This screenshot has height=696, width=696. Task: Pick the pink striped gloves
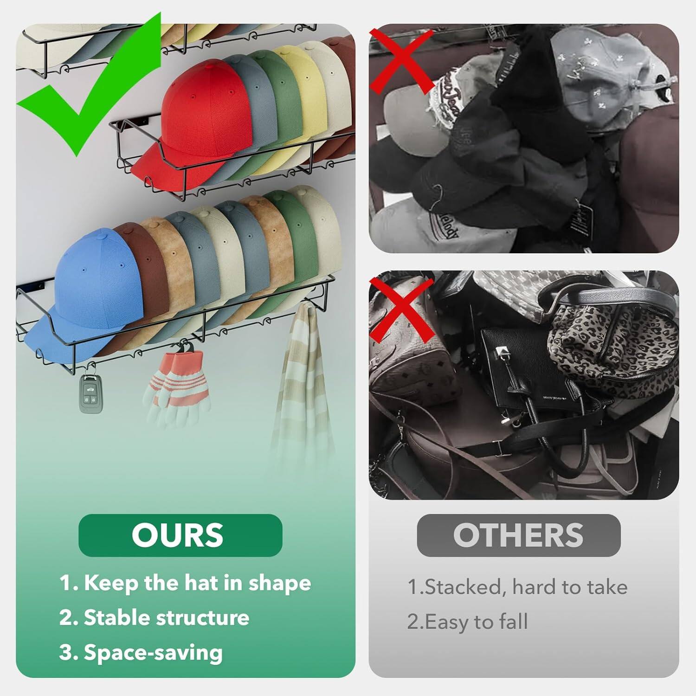(179, 385)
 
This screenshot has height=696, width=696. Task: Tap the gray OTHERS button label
(518, 535)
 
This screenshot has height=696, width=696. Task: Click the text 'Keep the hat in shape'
(186, 583)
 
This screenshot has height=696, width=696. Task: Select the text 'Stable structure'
(155, 618)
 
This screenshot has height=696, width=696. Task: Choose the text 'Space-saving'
(142, 652)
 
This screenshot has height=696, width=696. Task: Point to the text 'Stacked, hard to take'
(517, 587)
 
